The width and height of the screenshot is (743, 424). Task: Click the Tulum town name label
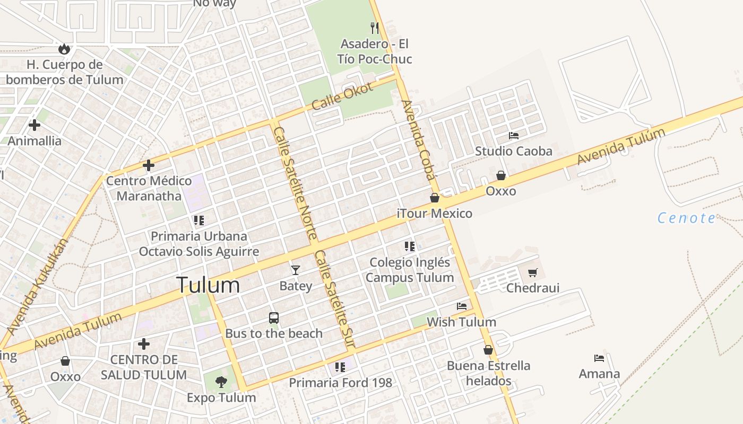pyautogui.click(x=208, y=285)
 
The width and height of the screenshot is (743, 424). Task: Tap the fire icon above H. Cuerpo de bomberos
pyautogui.click(x=64, y=49)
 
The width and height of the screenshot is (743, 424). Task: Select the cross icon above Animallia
pyautogui.click(x=34, y=125)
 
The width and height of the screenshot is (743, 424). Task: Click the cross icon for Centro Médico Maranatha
pyautogui.click(x=149, y=165)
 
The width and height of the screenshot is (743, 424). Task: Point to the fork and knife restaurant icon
pyautogui.click(x=375, y=28)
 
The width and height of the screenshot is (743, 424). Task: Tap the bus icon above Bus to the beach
pyautogui.click(x=274, y=318)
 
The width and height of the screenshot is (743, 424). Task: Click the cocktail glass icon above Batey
pyautogui.click(x=296, y=270)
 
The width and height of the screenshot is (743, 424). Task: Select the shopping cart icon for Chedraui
pyautogui.click(x=533, y=273)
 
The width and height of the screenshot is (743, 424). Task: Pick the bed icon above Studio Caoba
pyautogui.click(x=514, y=136)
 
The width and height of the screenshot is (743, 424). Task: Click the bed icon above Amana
pyautogui.click(x=599, y=358)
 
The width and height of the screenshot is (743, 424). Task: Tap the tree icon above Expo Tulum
pyautogui.click(x=221, y=382)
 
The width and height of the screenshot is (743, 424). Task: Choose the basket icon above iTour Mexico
pyautogui.click(x=435, y=198)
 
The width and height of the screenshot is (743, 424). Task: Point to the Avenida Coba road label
pyautogui.click(x=418, y=140)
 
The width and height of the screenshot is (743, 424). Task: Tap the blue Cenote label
pyautogui.click(x=687, y=218)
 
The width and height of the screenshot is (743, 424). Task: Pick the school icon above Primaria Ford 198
pyautogui.click(x=340, y=367)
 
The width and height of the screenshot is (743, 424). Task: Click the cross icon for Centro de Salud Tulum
pyautogui.click(x=144, y=344)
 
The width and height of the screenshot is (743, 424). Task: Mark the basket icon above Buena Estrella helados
pyautogui.click(x=488, y=350)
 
